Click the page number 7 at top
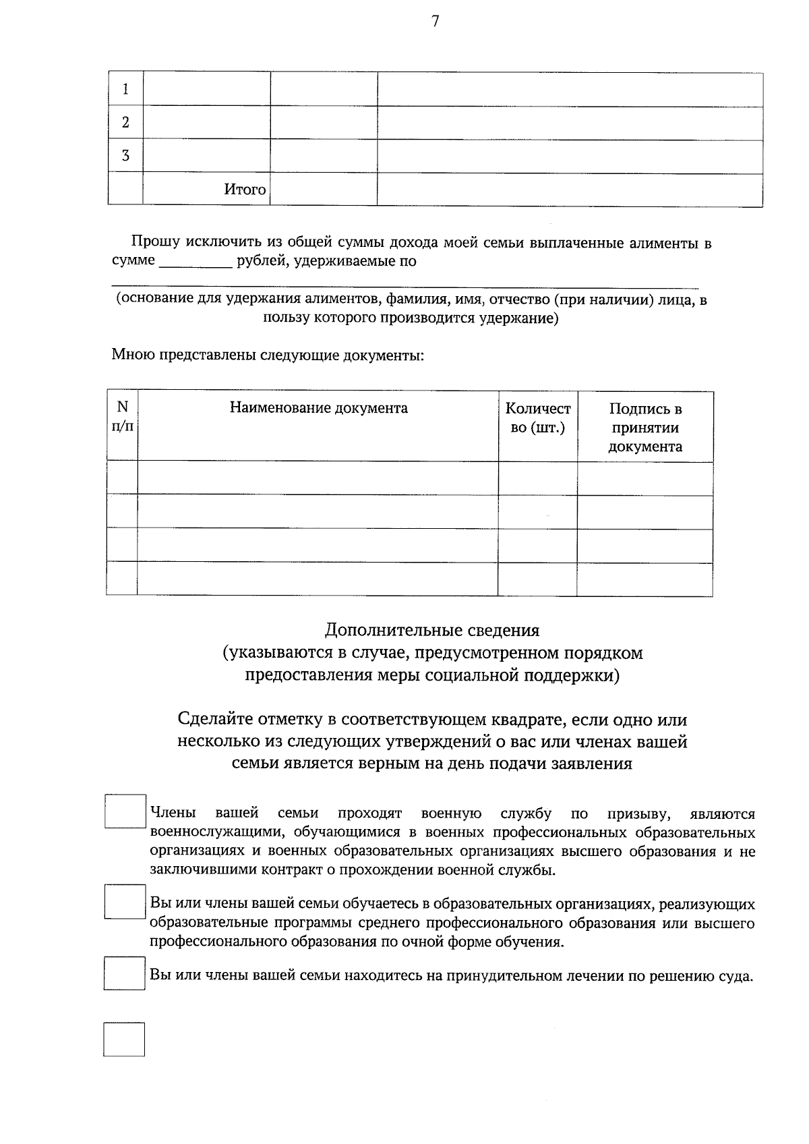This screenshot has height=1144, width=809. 435,22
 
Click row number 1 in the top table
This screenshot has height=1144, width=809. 125,90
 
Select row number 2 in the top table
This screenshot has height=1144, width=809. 125,123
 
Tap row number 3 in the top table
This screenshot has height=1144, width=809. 125,156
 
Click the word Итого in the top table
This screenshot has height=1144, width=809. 245,190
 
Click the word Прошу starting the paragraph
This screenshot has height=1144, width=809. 153,243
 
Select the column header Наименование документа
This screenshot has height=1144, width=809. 318,408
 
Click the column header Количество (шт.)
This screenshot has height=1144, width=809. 537,418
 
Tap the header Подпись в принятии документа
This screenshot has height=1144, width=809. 645,427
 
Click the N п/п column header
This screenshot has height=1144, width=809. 122,416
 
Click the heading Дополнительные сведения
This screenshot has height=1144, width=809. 432,630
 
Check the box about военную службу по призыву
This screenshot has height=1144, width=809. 125,811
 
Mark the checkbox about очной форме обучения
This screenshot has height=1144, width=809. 125,901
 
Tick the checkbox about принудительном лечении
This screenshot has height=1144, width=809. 125,973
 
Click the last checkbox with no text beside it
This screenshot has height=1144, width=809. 124,1039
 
